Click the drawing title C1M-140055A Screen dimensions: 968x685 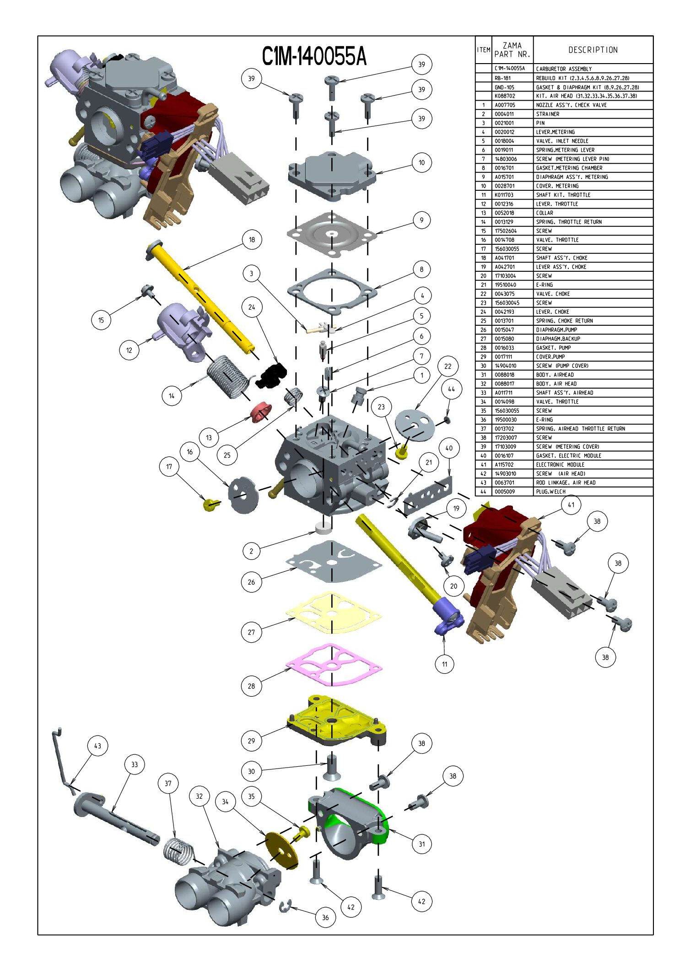pos(314,57)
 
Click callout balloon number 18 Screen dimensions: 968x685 pos(252,240)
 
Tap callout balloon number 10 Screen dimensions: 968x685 pos(421,162)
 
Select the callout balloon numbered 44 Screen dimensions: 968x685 pos(451,389)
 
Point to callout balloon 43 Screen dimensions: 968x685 pos(97,746)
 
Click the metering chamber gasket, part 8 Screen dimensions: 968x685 pos(333,291)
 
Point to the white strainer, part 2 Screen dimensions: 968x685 pos(323,529)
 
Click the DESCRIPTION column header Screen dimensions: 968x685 pos(593,50)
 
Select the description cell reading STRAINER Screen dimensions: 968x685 pos(548,114)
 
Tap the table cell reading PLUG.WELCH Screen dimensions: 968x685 pos(551,491)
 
